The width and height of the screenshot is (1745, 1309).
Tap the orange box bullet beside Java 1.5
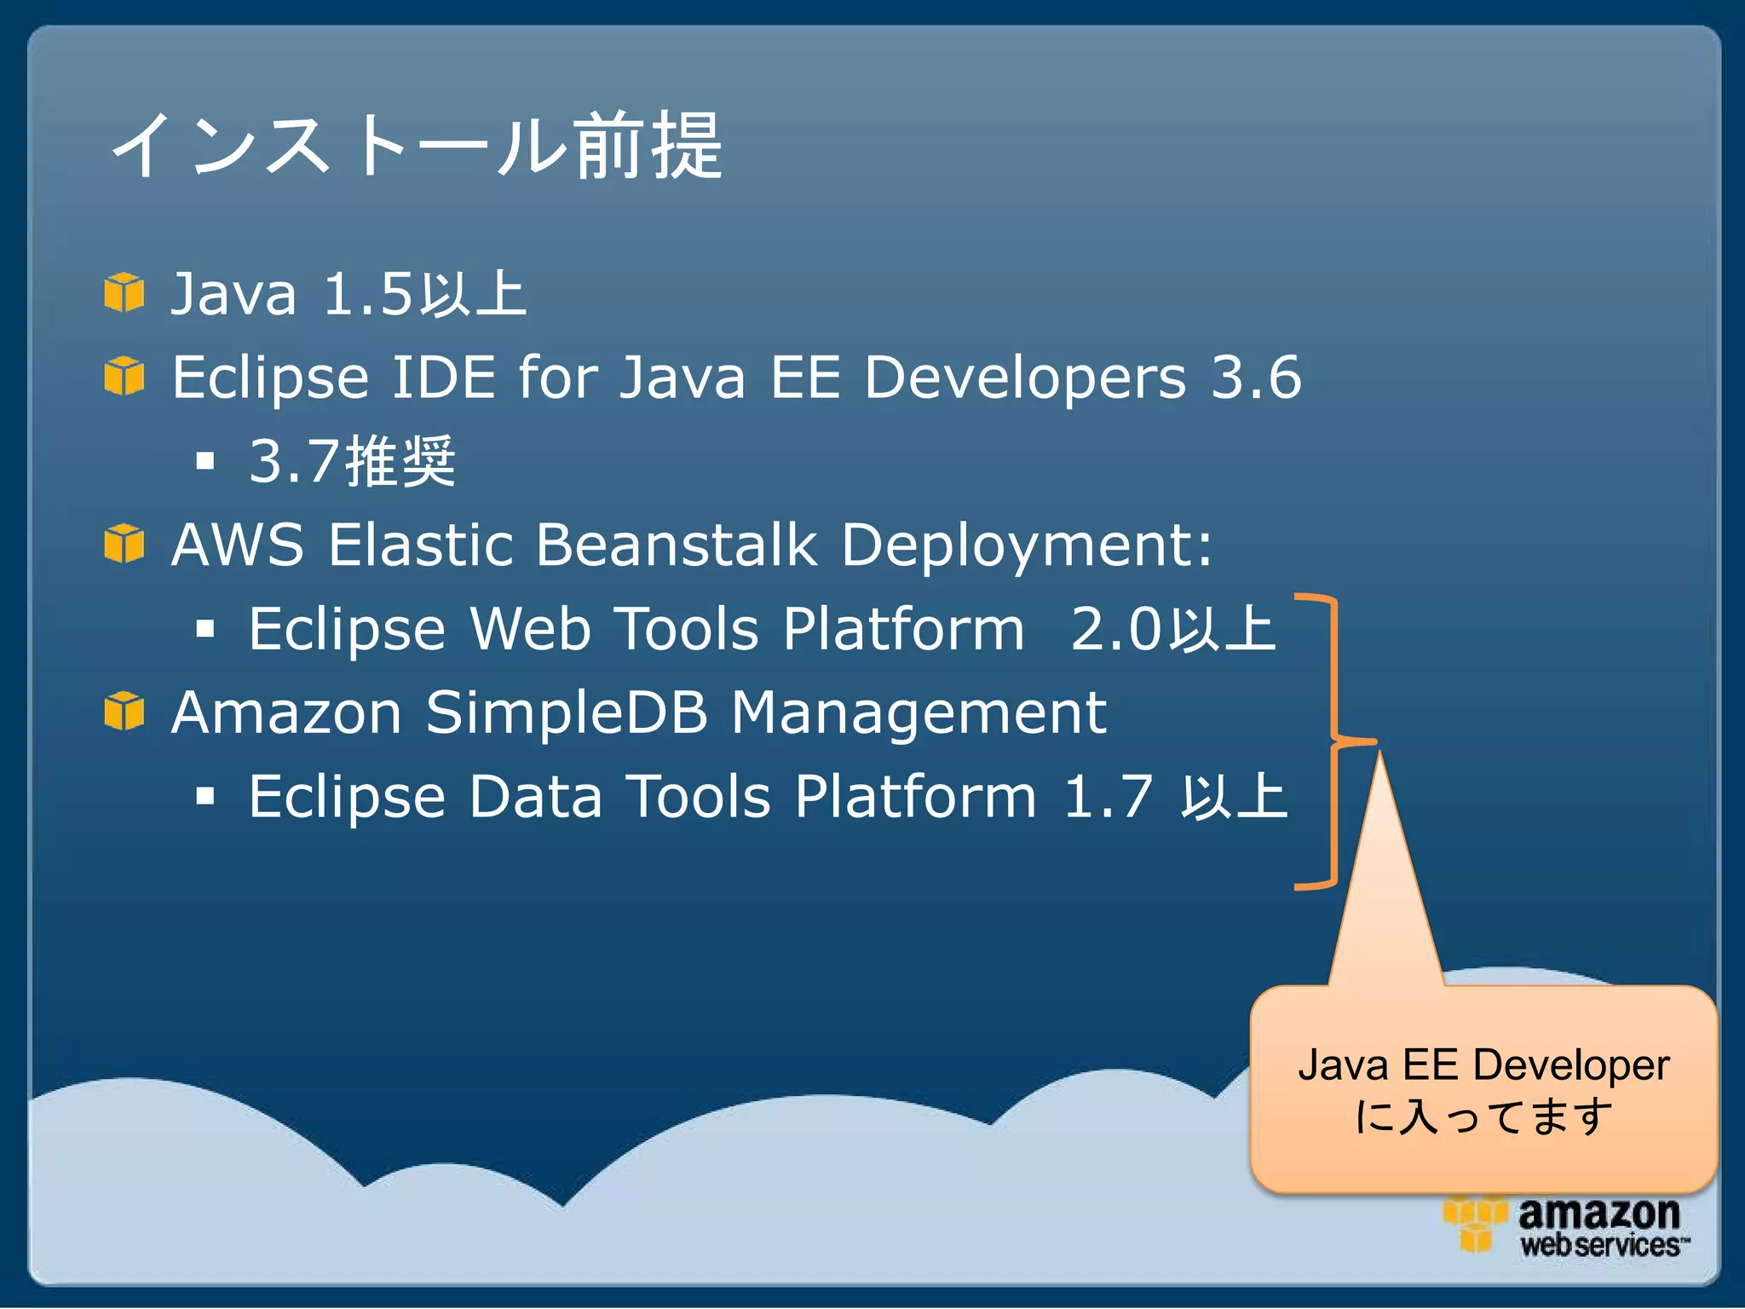coord(124,292)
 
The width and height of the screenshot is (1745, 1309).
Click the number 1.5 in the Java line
coord(368,294)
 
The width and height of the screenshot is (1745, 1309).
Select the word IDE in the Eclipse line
coord(443,377)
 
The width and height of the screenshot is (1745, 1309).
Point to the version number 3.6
coord(1256,377)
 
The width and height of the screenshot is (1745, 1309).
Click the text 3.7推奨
coord(352,461)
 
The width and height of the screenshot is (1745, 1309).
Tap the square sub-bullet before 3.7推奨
coord(204,462)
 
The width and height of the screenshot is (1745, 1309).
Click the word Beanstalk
coord(677,545)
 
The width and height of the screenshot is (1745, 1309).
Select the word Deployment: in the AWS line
coord(1027,546)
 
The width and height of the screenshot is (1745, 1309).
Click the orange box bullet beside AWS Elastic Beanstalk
coord(124,544)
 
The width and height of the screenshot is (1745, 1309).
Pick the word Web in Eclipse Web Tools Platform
coord(530,629)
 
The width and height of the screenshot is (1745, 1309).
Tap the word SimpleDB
coord(567,712)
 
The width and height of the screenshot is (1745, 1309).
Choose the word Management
coord(919,713)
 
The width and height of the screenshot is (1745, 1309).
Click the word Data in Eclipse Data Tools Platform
coord(535,797)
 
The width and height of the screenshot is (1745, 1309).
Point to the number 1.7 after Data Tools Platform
coord(1108,797)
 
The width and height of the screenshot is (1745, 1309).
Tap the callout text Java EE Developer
coord(1483,1065)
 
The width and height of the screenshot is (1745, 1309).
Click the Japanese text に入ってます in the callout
coord(1483,1116)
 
